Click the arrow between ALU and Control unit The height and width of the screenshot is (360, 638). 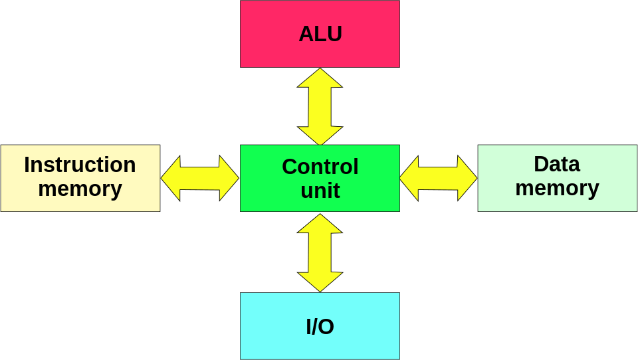tap(320, 106)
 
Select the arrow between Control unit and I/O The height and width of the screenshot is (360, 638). tap(320, 252)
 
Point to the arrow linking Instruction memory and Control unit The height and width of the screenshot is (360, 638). tap(199, 178)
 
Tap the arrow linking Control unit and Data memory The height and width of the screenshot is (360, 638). tap(438, 178)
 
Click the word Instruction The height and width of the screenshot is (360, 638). tap(80, 165)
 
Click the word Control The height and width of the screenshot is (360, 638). tap(320, 167)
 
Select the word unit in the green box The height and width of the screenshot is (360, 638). tap(320, 191)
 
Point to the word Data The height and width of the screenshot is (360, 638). tap(557, 164)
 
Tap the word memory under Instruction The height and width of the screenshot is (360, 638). tap(80, 189)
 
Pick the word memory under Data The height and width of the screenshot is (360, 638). tap(557, 188)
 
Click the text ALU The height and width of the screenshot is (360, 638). tap(320, 34)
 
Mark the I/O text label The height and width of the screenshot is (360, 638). tap(320, 327)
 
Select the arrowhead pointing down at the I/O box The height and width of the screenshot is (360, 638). tap(320, 282)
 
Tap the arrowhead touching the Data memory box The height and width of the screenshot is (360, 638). tap(467, 178)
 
